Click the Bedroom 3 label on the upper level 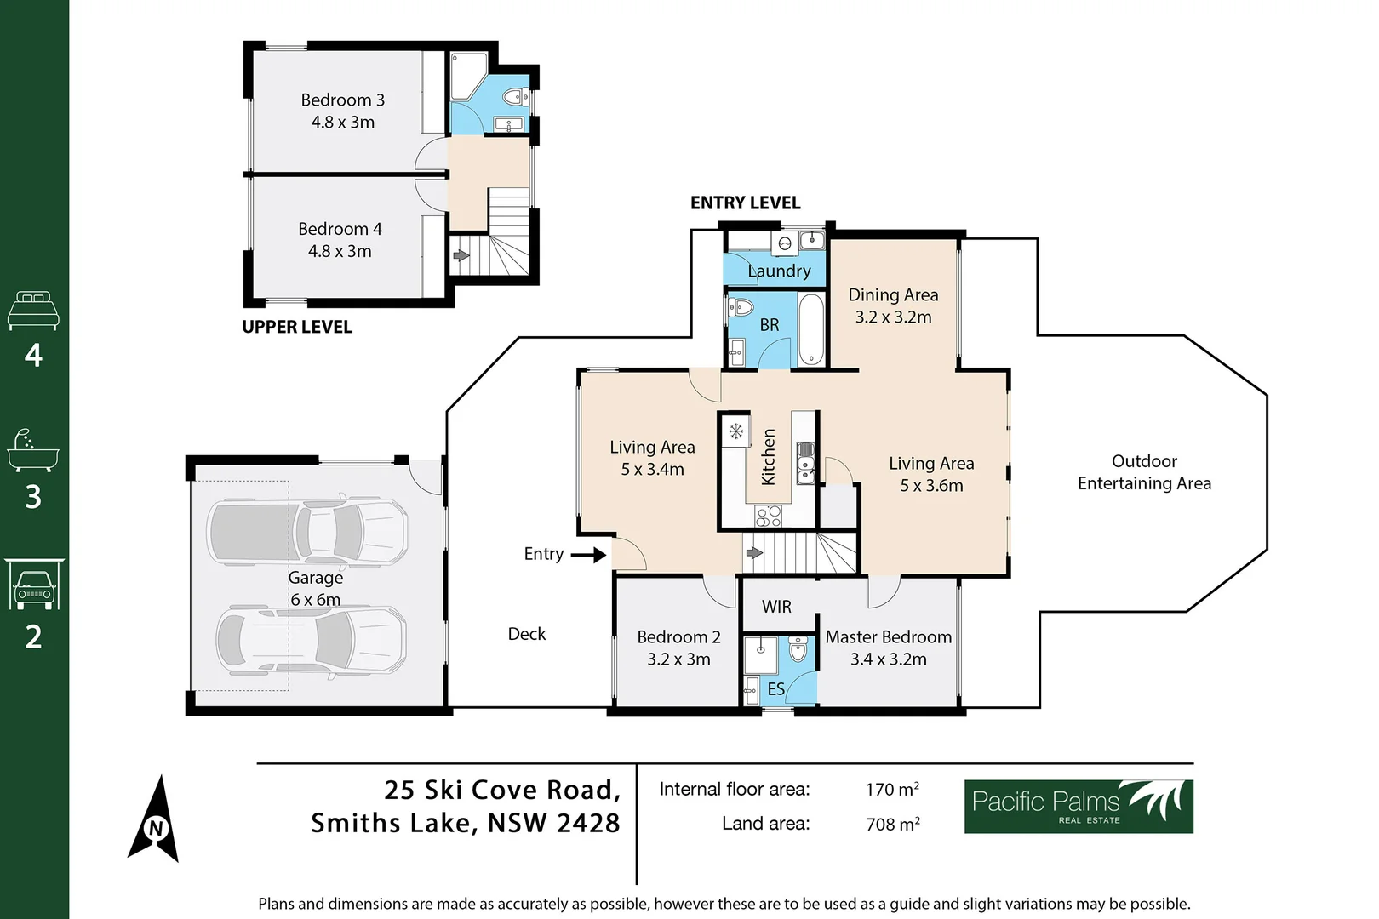tap(342, 100)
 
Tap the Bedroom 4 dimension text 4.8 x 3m tap(340, 251)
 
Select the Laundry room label tap(779, 271)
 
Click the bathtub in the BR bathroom tap(810, 329)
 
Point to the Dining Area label tap(893, 294)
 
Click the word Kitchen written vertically tap(768, 457)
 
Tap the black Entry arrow tap(587, 555)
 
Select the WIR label tap(776, 607)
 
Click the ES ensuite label tap(775, 688)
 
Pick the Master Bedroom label tap(888, 636)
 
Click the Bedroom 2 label tap(678, 636)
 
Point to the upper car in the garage tap(308, 531)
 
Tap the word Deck tap(526, 634)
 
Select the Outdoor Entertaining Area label tap(1143, 472)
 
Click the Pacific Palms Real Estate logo tap(1078, 806)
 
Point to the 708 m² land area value tap(892, 824)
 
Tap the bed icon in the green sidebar tap(33, 311)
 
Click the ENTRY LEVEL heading tap(745, 203)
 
